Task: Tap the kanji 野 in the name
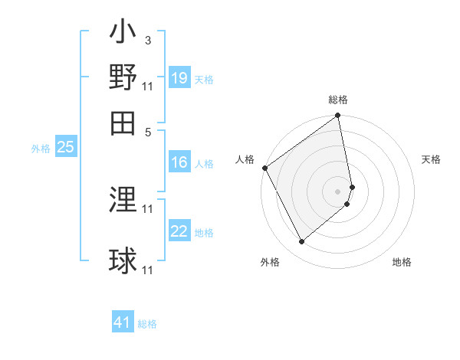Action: coord(123,78)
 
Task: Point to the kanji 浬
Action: coord(123,201)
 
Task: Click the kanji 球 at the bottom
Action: coord(123,260)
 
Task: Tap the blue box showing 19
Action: coord(179,78)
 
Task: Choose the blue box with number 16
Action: coord(179,162)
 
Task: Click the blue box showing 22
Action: coord(179,231)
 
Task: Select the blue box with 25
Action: coord(65,148)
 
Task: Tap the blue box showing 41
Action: coord(123,322)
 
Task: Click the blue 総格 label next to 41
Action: coord(148,324)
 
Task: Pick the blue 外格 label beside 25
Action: coord(41,149)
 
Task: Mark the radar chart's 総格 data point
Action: coord(337,116)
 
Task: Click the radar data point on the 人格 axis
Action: coord(264,168)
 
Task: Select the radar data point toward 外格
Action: coord(301,241)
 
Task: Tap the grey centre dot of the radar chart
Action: coord(337,191)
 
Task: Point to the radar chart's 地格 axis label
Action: coord(402,262)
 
